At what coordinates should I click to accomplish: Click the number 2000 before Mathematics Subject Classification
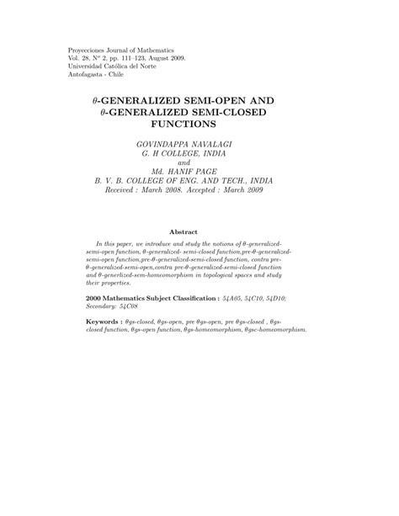click(x=96, y=298)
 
